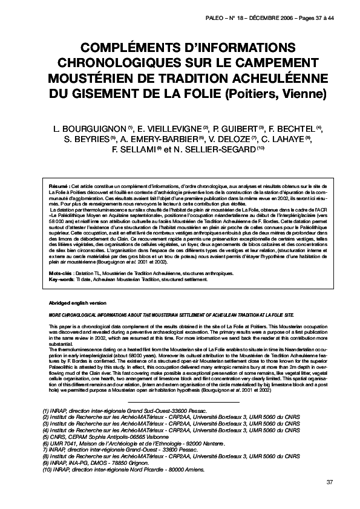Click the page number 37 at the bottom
[329, 482]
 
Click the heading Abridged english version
[77, 302]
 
